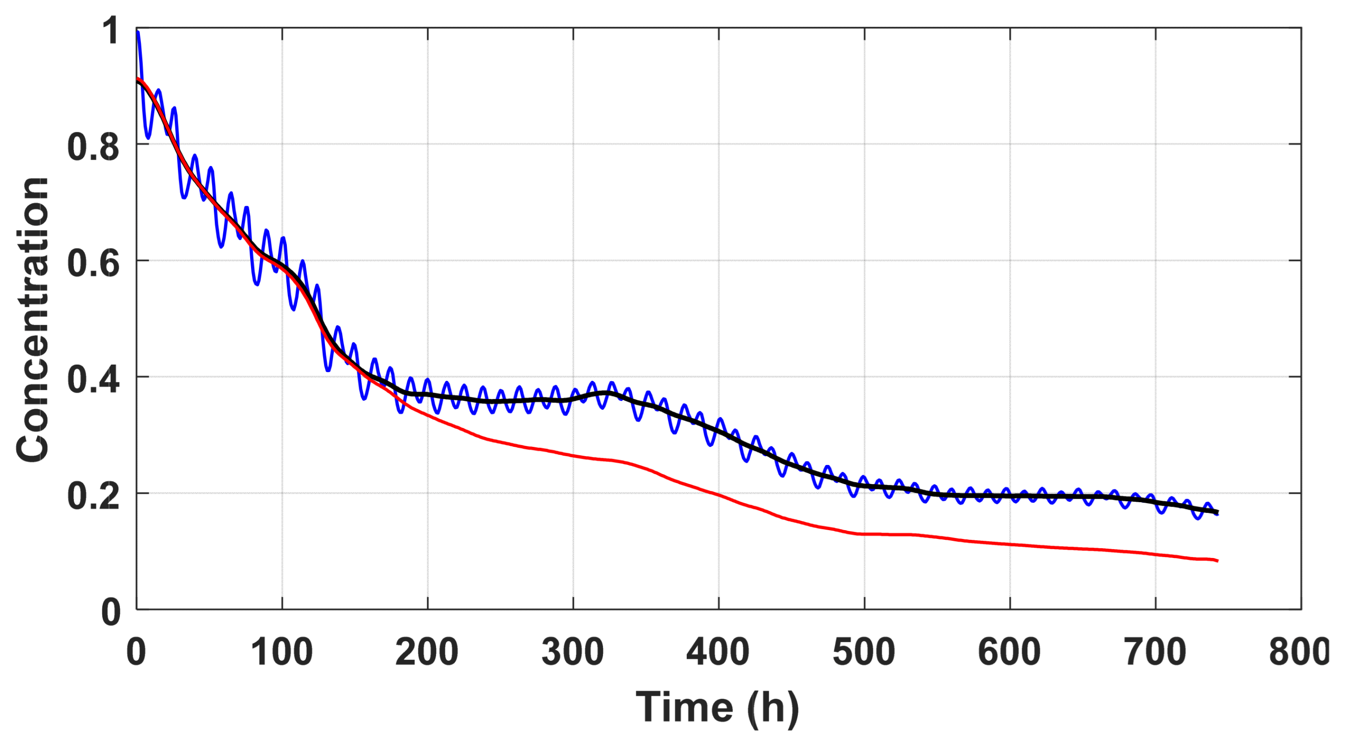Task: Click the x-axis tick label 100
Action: point(282,652)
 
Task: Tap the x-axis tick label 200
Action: point(427,652)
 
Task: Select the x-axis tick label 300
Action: point(573,652)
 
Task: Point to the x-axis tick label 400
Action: point(719,652)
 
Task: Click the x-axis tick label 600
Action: point(1010,652)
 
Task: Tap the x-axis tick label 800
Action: point(1299,652)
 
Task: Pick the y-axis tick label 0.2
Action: point(93,496)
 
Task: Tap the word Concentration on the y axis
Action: point(32,320)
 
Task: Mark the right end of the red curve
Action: point(1217,561)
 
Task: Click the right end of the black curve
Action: point(1217,511)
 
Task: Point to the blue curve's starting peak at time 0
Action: point(138,32)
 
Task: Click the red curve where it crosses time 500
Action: point(864,534)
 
